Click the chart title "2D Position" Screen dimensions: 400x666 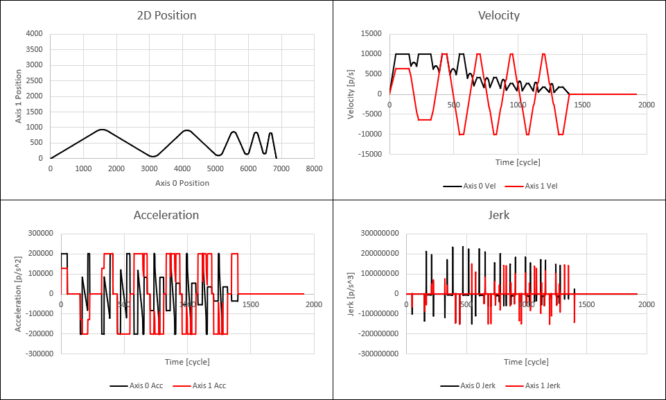(x=166, y=15)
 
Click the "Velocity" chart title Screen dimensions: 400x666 (x=499, y=15)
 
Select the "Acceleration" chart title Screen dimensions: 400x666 (x=166, y=215)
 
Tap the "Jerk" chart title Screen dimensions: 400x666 (x=499, y=215)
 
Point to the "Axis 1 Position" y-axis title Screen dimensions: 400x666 (x=20, y=96)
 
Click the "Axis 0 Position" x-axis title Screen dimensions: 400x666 (x=182, y=183)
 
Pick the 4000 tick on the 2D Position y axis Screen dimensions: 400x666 (x=34, y=33)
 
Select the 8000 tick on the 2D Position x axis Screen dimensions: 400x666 (x=314, y=168)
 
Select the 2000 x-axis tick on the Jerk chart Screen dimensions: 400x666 (x=646, y=304)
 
